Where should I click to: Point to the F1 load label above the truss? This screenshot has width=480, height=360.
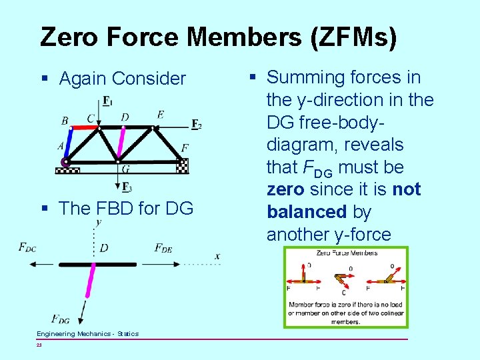(108, 101)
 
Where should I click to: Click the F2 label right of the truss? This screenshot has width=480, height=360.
(196, 124)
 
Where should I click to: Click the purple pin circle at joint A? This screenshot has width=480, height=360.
(65, 162)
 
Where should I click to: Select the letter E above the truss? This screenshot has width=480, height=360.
(160, 115)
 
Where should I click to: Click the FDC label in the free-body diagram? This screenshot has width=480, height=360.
(27, 248)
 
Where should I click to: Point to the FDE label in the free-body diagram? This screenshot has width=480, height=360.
(163, 248)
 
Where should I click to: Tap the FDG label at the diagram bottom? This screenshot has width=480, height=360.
(60, 319)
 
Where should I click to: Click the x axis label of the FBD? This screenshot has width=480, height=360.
(217, 256)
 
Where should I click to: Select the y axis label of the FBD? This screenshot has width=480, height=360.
(99, 222)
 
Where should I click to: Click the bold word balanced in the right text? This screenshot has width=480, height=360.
(306, 212)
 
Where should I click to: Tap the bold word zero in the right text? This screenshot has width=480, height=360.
(285, 189)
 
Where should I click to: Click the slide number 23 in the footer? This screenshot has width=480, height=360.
(39, 345)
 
